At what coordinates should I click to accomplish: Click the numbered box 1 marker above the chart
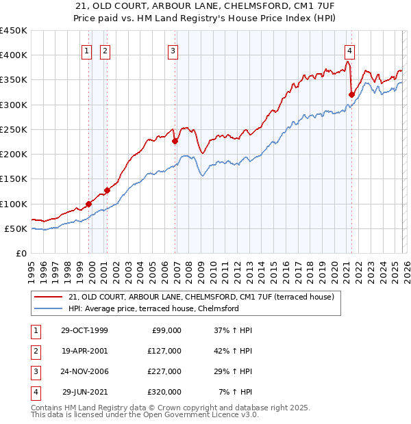pos(88,50)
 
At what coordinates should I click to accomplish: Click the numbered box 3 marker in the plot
pos(173,50)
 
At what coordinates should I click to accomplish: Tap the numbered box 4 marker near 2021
pos(349,50)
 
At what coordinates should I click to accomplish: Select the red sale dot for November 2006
pos(175,142)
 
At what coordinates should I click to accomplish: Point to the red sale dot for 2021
pos(351,95)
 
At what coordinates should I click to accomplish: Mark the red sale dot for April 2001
pos(107,191)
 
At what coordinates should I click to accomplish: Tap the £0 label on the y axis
pos(21,253)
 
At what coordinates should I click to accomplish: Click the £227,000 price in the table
pos(164,371)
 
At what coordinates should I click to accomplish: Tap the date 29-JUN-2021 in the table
pos(85,392)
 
